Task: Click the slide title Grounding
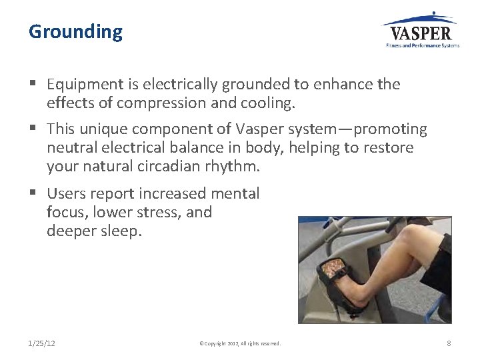point(76,32)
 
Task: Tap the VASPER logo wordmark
point(420,33)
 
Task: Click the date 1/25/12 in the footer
point(42,343)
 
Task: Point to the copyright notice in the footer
point(240,343)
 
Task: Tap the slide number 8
point(449,343)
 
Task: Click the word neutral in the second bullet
point(71,147)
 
